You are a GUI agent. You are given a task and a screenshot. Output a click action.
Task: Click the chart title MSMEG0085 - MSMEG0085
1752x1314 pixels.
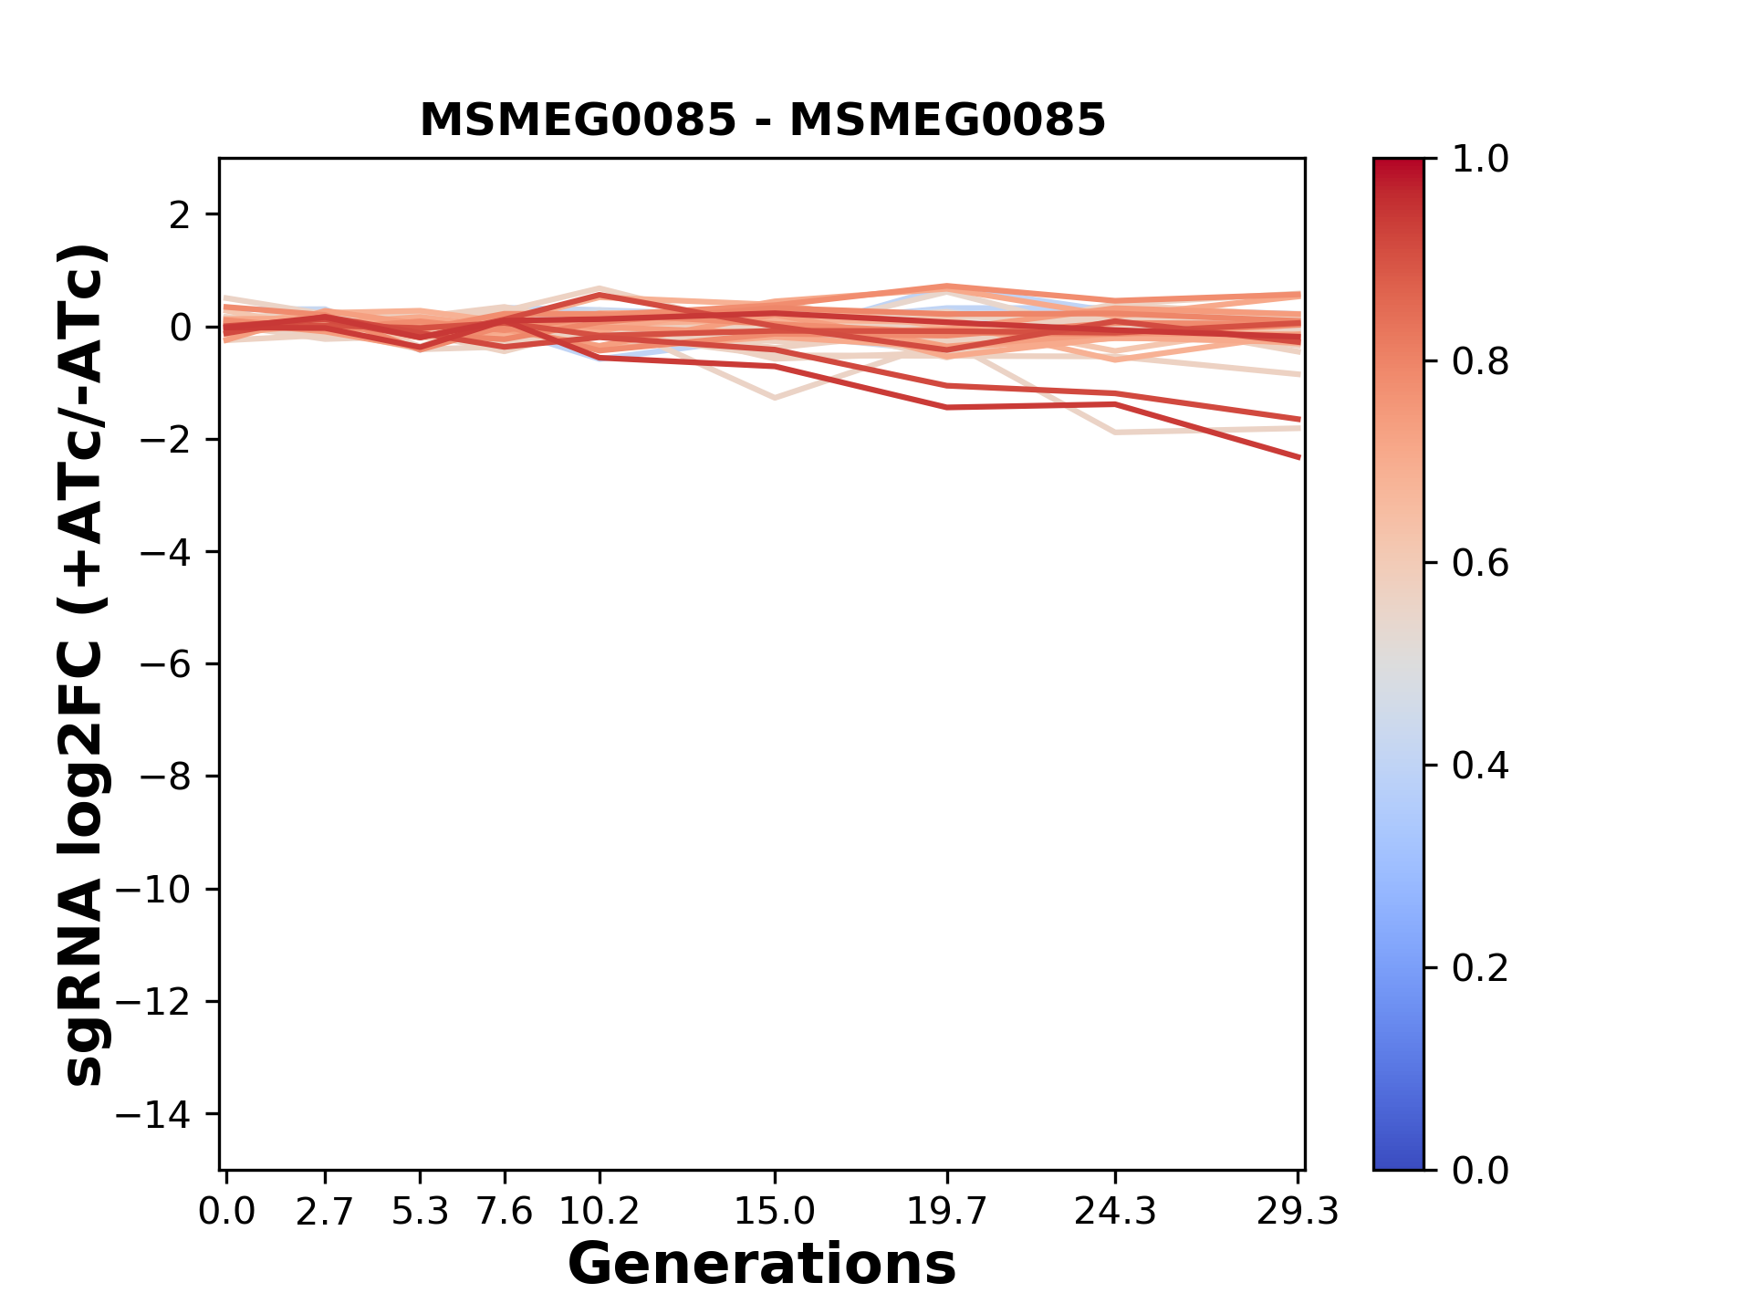coord(762,120)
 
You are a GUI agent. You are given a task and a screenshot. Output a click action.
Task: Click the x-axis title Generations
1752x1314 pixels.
coord(762,1265)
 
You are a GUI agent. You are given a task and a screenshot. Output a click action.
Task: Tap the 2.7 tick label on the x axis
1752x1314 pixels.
coord(325,1212)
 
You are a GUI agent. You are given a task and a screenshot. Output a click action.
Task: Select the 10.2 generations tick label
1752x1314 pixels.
coord(599,1212)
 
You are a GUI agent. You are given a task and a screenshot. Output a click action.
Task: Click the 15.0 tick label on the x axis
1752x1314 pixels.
coord(775,1212)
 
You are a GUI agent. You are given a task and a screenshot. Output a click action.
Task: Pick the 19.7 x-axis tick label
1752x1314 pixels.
coord(947,1212)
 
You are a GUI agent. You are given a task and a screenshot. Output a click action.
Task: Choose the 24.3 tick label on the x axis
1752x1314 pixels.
coord(1115,1212)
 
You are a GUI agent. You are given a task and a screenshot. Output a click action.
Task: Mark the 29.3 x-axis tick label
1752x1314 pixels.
coord(1298,1212)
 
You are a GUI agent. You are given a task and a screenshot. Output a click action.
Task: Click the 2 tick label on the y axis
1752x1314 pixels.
coord(181,215)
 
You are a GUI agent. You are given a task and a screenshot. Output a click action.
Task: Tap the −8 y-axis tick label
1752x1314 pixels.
coord(165,777)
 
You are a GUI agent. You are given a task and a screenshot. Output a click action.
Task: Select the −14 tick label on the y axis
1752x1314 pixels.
coord(153,1114)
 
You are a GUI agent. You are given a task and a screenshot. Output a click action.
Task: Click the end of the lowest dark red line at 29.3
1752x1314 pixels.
coord(1299,457)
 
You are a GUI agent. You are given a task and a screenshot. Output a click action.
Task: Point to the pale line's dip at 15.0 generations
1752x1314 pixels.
coord(775,398)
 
